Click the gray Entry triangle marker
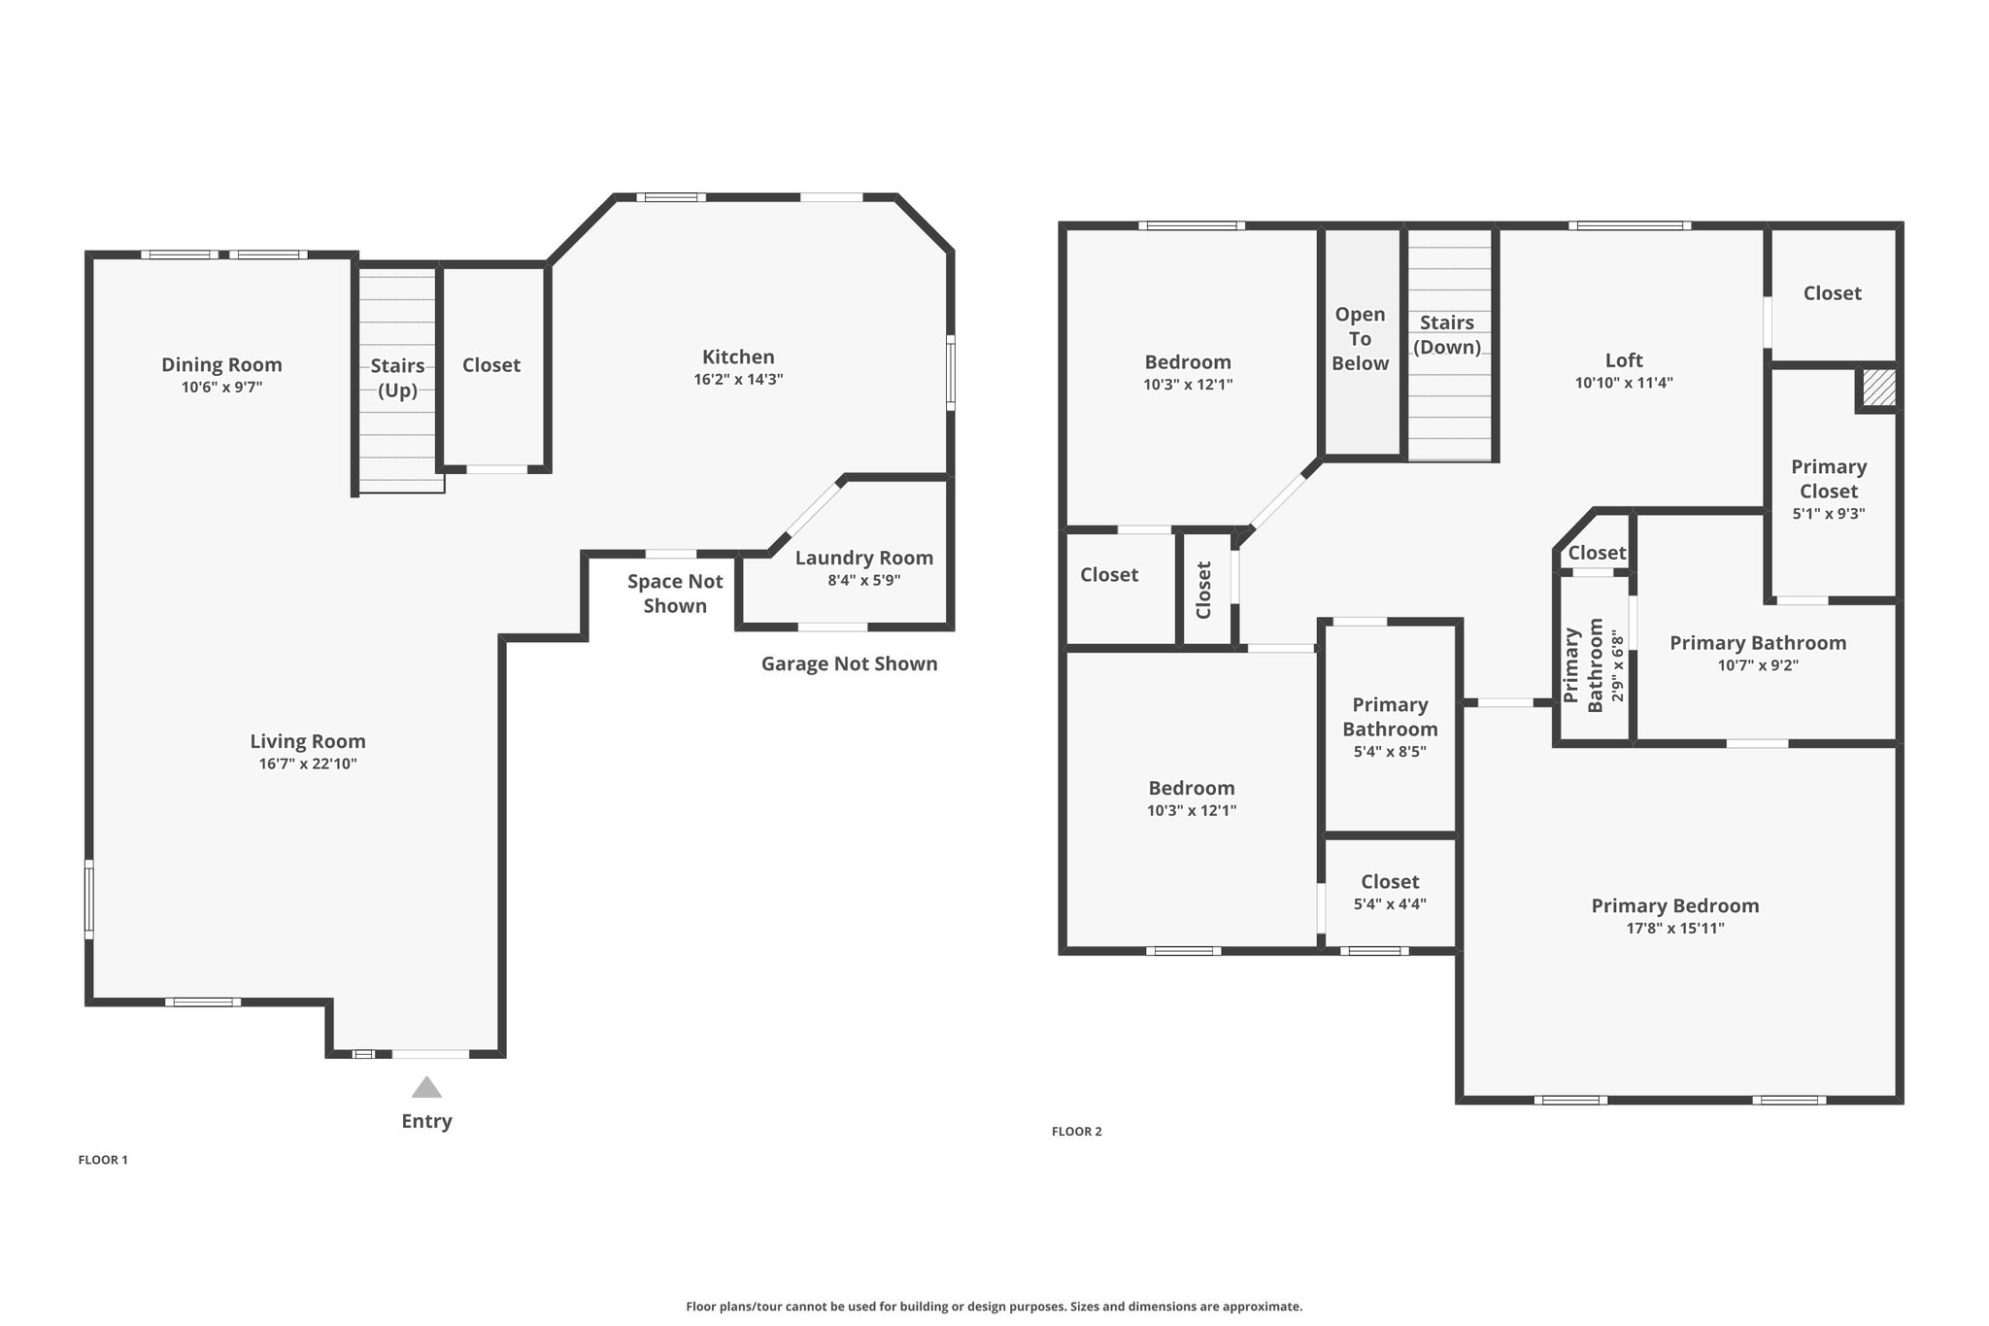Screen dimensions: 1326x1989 (x=426, y=1087)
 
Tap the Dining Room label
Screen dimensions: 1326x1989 (x=221, y=365)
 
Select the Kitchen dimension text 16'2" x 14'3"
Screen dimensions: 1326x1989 (x=738, y=380)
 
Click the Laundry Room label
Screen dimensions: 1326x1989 (x=863, y=558)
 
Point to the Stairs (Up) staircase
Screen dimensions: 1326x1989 (x=397, y=379)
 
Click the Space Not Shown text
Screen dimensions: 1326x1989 (x=675, y=594)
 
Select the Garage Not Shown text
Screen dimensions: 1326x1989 (x=849, y=664)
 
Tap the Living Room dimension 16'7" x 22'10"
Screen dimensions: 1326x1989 (x=308, y=765)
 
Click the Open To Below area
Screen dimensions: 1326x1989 (x=1360, y=339)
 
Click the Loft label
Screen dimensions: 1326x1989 (x=1624, y=360)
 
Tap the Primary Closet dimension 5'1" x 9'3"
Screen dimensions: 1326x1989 (x=1829, y=514)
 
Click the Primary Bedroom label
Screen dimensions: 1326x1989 (x=1674, y=906)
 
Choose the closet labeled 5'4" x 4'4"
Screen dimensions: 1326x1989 (x=1390, y=892)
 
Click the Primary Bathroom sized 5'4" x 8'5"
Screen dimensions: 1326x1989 (x=1390, y=727)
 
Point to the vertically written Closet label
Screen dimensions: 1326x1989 (x=1204, y=590)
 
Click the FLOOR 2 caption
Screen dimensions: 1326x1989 (x=1076, y=1132)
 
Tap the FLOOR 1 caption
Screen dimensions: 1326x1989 (x=103, y=1160)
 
